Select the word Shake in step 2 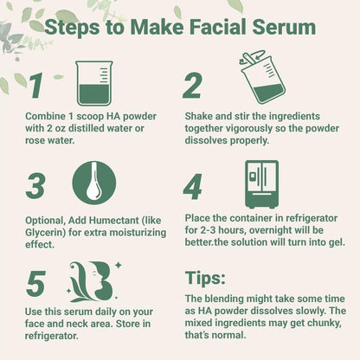[202, 116]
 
